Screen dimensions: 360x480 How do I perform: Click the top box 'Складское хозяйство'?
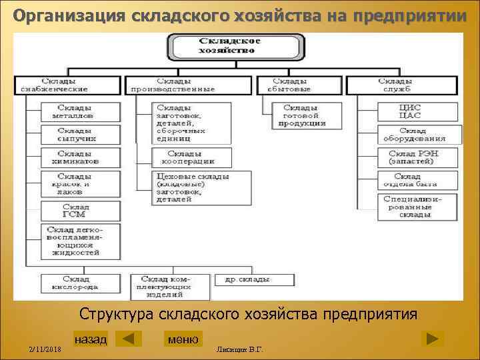click(229, 45)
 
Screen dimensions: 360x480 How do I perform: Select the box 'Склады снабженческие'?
click(67, 85)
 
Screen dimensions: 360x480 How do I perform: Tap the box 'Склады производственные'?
click(189, 85)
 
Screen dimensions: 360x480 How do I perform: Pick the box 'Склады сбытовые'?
click(288, 85)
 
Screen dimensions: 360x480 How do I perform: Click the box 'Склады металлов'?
click(80, 111)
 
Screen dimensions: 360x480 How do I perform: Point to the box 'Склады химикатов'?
click(80, 157)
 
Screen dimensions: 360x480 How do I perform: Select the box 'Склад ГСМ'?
click(80, 211)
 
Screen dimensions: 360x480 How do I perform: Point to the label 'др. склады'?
click(247, 279)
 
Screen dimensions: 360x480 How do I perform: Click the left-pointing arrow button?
click(128, 339)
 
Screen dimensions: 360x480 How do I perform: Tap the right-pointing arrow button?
click(433, 339)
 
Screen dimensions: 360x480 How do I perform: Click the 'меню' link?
click(183, 339)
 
